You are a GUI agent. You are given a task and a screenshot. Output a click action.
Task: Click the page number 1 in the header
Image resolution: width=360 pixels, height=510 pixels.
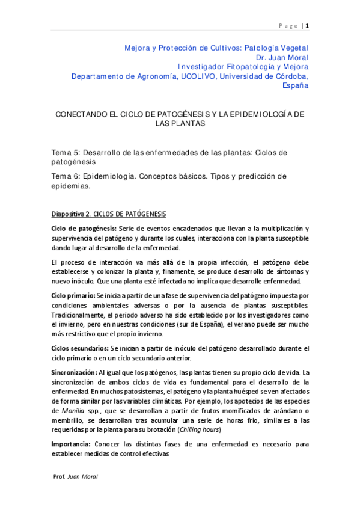(308, 25)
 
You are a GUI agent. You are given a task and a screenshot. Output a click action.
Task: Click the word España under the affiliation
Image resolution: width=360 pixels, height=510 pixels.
(295, 85)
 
